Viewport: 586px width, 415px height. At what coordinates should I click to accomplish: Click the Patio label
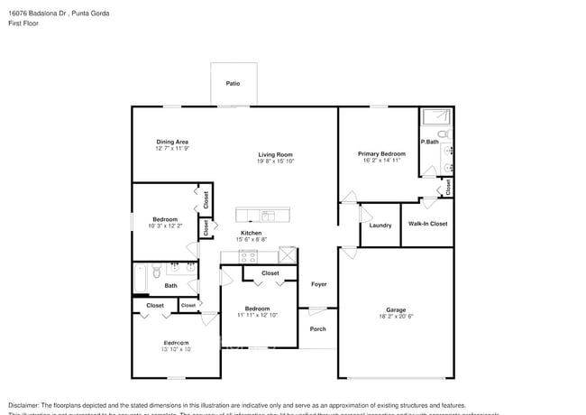click(233, 83)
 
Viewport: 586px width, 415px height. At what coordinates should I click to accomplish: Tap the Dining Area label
click(172, 142)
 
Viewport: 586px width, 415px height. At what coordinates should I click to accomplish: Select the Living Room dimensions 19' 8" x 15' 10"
click(275, 162)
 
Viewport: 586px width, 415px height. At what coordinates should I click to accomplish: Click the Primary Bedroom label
click(381, 153)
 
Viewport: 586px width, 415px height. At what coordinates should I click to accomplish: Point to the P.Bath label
click(429, 142)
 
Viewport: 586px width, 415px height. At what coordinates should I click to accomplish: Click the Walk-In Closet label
click(427, 223)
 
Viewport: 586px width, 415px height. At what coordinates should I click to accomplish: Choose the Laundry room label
click(380, 226)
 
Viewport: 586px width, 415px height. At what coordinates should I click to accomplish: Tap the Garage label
click(397, 309)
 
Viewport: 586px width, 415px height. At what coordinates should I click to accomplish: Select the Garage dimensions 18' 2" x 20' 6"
click(397, 317)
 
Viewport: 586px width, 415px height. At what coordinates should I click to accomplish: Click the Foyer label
click(319, 284)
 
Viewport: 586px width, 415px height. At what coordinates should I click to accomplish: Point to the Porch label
click(318, 328)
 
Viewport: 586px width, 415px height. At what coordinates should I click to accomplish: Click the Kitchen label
click(251, 232)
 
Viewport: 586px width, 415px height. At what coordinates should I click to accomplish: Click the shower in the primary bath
click(437, 116)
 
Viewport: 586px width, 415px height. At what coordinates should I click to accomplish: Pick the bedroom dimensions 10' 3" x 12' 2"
click(165, 226)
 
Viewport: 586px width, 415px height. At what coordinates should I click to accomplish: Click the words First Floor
click(25, 23)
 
